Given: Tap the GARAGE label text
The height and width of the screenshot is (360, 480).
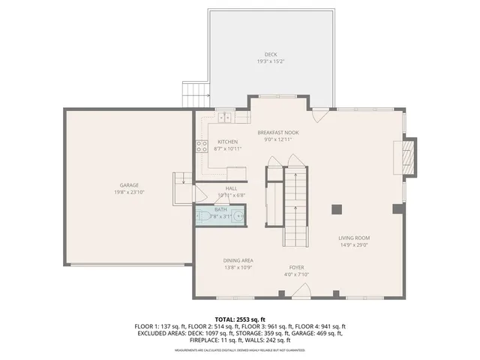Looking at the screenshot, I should pos(129,184).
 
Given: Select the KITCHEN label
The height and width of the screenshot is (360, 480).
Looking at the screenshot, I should pos(227,142).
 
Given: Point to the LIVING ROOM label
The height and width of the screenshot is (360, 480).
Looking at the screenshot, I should pos(355,238).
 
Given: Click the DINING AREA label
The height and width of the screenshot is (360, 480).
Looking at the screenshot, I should pos(237,260).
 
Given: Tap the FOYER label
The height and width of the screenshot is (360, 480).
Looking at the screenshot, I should pos(298,266).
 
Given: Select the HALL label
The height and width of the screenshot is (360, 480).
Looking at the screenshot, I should pos(232,188).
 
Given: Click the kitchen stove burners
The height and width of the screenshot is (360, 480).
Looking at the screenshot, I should pos(201,146).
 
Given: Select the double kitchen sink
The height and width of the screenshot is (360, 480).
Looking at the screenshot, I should pos(225,117).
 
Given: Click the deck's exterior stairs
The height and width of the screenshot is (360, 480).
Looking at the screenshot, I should pos(194,95).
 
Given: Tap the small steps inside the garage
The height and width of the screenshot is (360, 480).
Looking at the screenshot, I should pos(181,182).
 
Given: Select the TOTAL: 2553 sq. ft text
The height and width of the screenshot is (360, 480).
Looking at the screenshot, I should pos(240,319).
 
